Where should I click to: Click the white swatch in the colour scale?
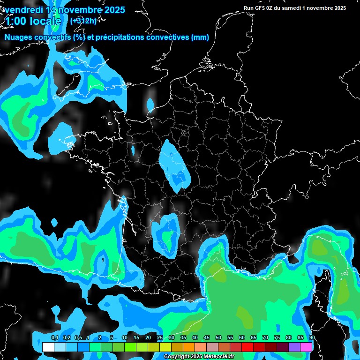coord(48,347)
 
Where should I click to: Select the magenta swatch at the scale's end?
coord(306,347)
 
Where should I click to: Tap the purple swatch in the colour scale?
coord(294,347)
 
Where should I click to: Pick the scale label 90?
coord(312,338)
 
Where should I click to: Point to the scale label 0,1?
coord(54,338)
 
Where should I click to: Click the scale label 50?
coord(218,338)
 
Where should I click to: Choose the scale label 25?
coord(160,338)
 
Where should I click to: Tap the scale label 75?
coord(277,338)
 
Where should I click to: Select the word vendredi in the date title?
coord(23,10)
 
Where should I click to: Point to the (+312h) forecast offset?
coord(84,21)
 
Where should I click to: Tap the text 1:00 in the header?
coord(15,21)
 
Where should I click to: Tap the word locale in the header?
coord(45,21)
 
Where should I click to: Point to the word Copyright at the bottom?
coord(176,357)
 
